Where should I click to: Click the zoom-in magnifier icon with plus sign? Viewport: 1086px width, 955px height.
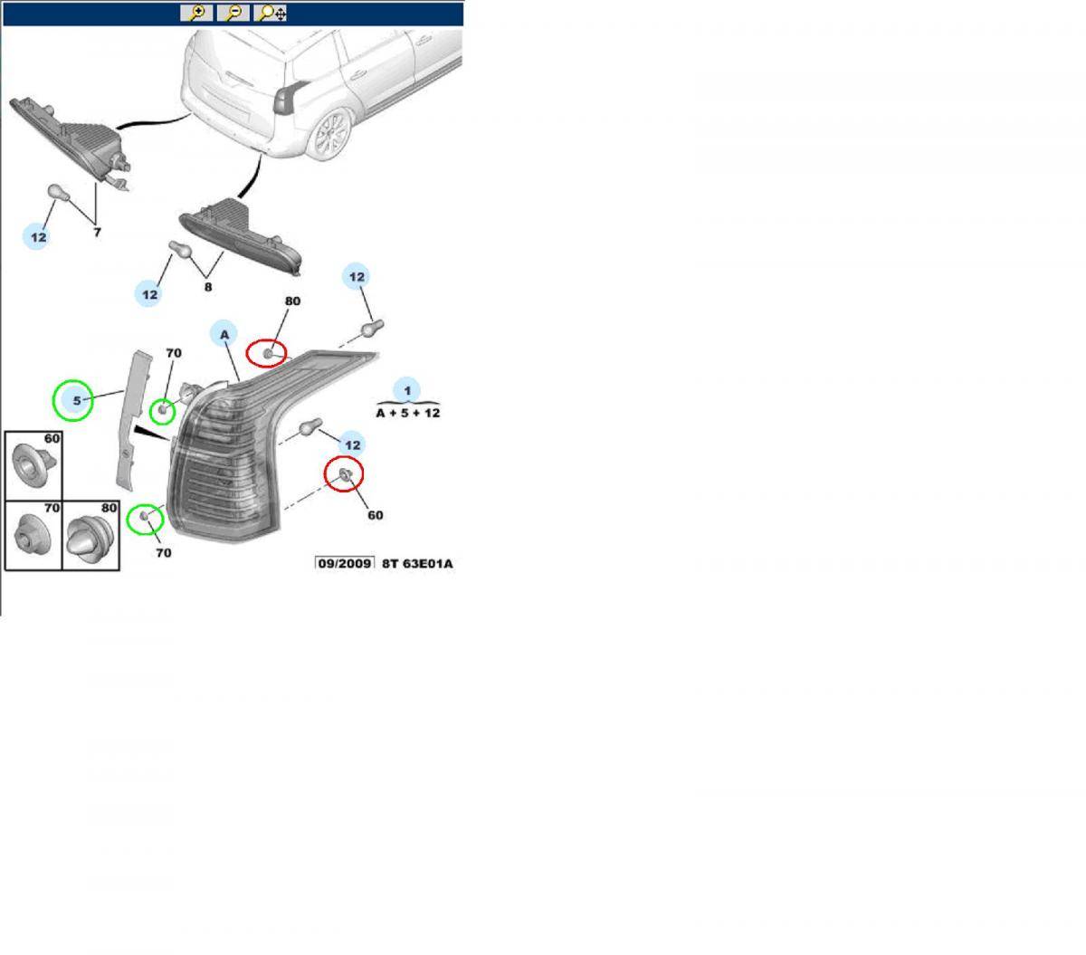[196, 13]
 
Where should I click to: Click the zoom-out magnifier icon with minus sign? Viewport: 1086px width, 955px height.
[233, 13]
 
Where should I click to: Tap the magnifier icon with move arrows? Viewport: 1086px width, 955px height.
[271, 13]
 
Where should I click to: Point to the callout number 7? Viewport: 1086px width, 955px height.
[97, 233]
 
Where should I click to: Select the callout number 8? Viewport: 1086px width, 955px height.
[208, 287]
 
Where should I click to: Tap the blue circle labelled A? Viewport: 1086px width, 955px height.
[223, 334]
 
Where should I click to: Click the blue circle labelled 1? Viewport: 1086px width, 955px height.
[407, 390]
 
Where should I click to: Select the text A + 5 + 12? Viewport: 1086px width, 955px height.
[407, 412]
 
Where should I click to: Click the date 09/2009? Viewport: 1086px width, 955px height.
[344, 564]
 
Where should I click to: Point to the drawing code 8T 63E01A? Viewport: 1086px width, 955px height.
[417, 564]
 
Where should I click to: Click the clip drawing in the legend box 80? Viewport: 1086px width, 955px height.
[90, 541]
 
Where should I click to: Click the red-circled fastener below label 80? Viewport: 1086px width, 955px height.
[269, 351]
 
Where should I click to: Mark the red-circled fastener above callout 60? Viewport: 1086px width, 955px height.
[345, 474]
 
